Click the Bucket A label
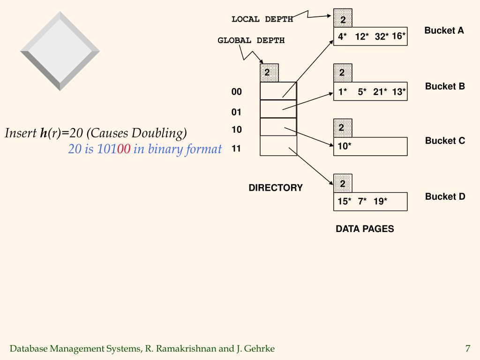(444, 30)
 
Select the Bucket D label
(445, 196)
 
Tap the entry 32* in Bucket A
(382, 37)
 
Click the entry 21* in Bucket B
(380, 92)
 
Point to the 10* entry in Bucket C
(345, 146)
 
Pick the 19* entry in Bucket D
(380, 202)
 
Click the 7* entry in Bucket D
(362, 202)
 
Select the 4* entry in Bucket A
(343, 37)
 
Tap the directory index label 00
(237, 92)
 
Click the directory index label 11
(236, 149)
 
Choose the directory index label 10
(237, 129)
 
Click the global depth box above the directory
(269, 73)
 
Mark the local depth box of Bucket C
(342, 127)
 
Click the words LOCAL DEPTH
(262, 19)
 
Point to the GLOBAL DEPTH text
(251, 40)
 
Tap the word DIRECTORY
(276, 188)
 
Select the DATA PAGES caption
(365, 229)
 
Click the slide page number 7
(467, 348)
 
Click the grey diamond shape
(60, 51)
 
